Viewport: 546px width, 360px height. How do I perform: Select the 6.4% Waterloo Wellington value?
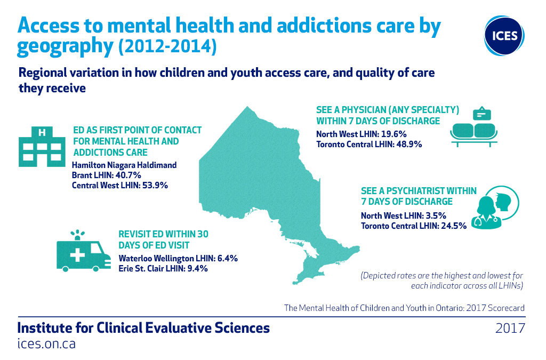[x=226, y=258]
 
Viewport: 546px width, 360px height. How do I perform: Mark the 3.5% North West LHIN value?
[x=435, y=215]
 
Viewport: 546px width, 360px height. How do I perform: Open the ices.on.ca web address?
[x=46, y=343]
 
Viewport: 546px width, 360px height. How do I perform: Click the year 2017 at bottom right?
[x=510, y=327]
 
